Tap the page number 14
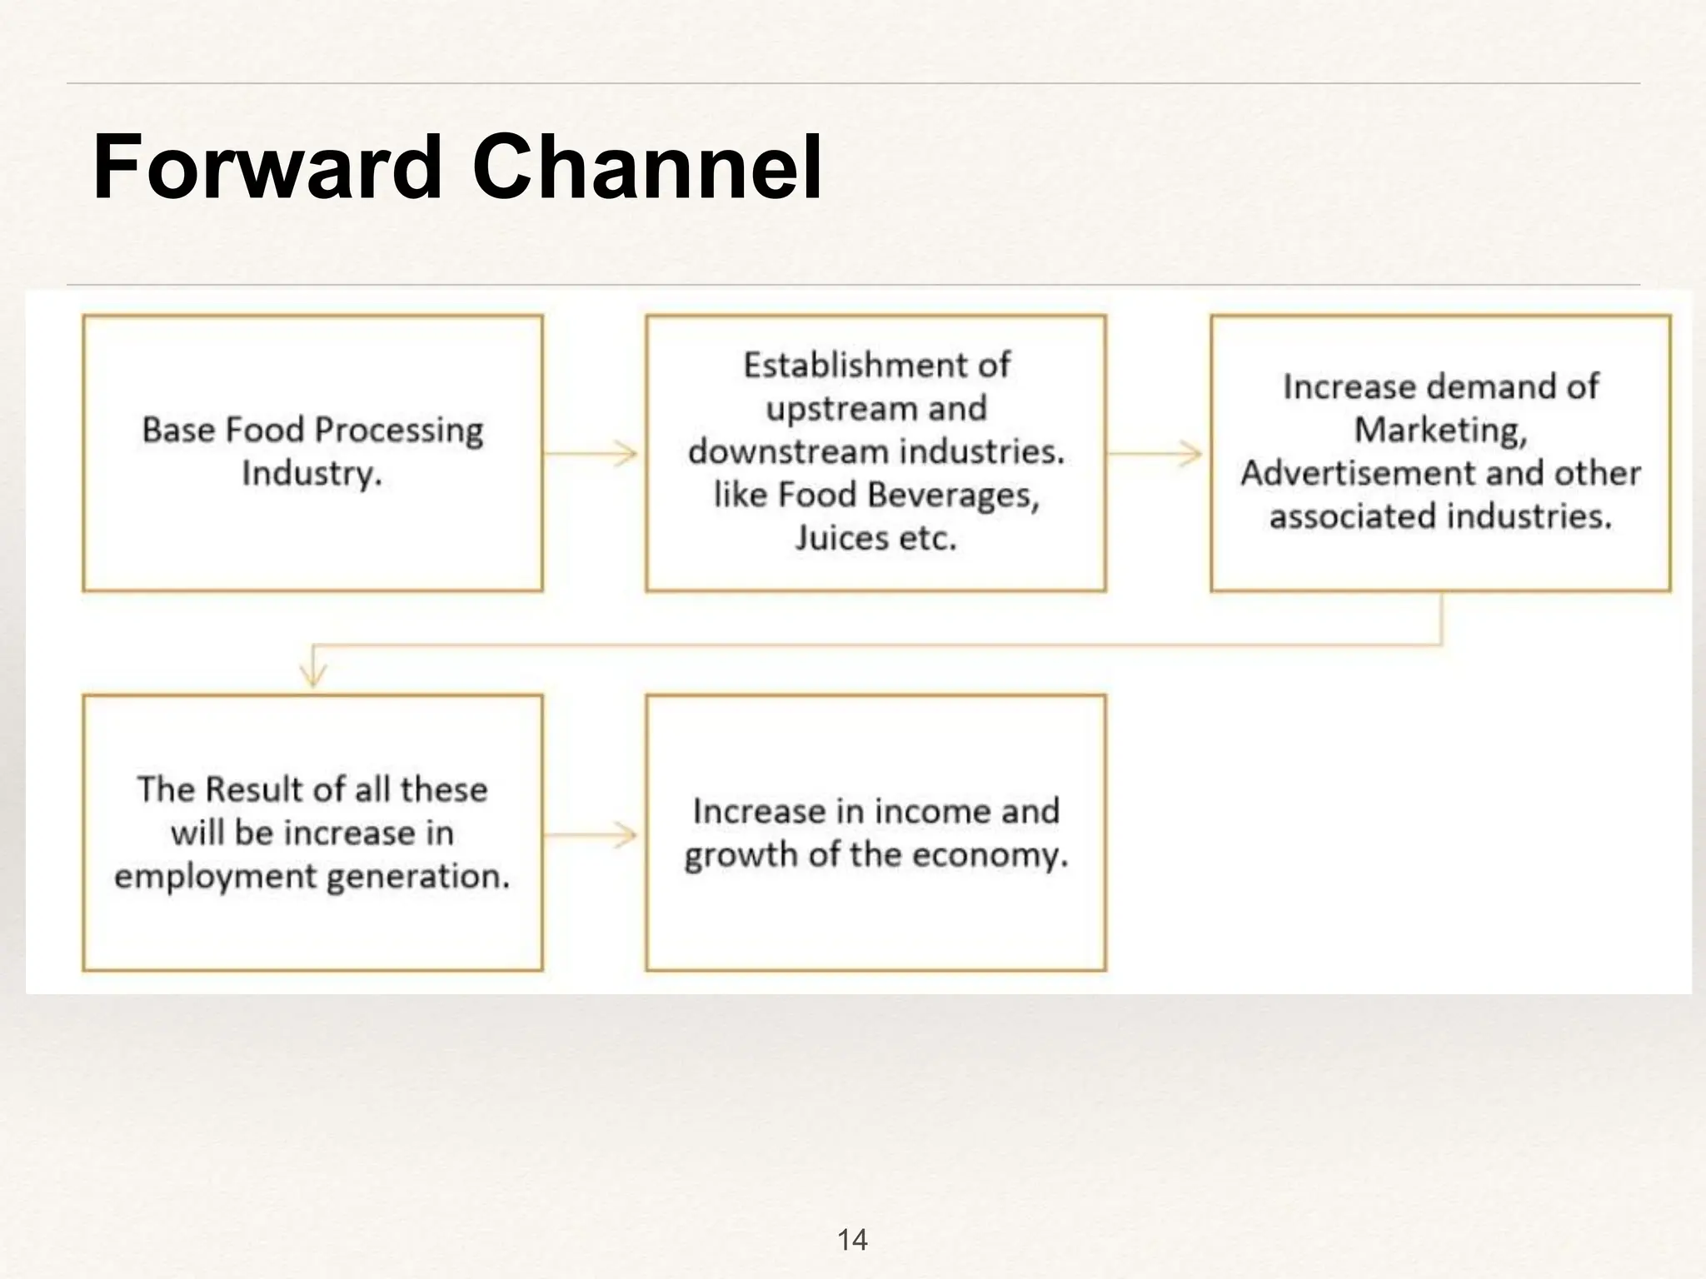(x=852, y=1240)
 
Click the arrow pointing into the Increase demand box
(x=1156, y=454)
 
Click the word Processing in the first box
(x=399, y=430)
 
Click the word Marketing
(x=1440, y=430)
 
